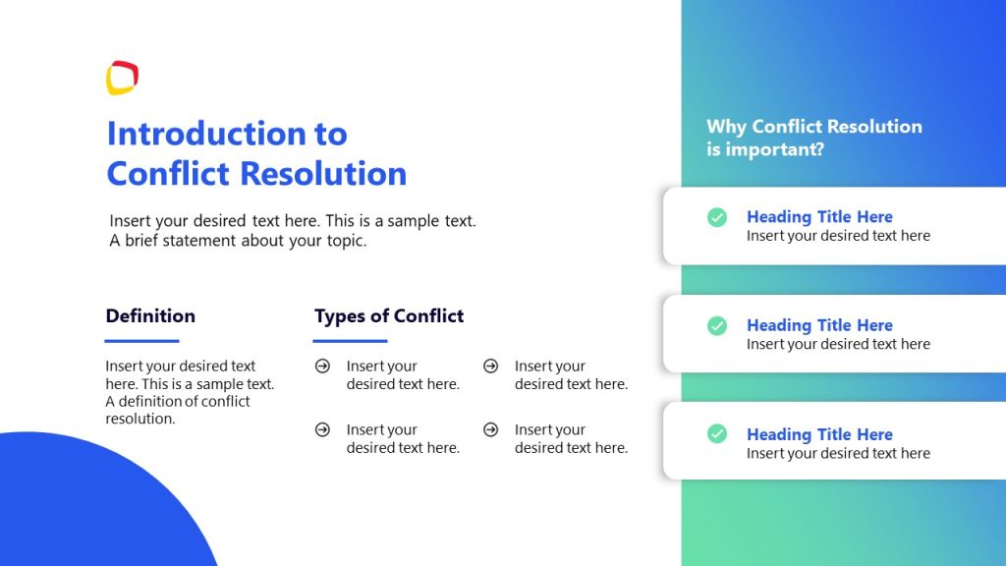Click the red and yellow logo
click(122, 79)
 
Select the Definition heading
click(150, 316)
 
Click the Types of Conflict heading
click(389, 316)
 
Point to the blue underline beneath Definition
click(142, 341)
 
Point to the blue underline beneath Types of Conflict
click(350, 341)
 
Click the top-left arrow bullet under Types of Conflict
click(322, 367)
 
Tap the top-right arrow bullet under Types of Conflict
click(490, 367)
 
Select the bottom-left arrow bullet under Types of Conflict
click(322, 430)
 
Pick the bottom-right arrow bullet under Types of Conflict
click(490, 430)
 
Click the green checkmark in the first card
click(717, 217)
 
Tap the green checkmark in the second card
click(717, 325)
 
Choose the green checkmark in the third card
click(717, 433)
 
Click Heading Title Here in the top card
click(819, 217)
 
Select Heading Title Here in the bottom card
click(819, 434)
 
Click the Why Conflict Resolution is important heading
click(813, 138)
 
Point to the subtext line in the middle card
click(838, 345)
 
